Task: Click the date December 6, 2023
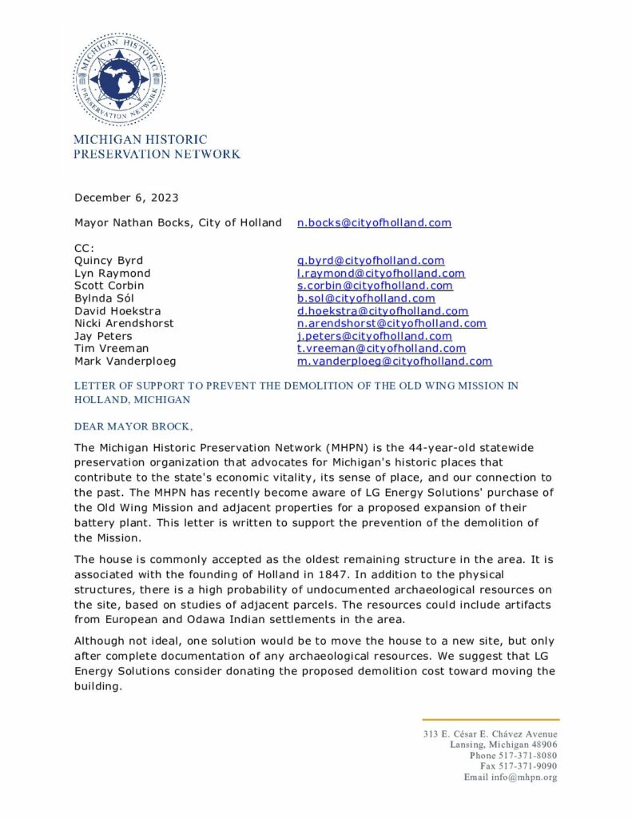pos(126,198)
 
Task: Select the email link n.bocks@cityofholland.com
pos(374,222)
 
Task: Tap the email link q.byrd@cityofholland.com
pos(371,261)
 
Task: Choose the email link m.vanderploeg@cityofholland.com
pos(395,362)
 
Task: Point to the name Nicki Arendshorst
pos(124,323)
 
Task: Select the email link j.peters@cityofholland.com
pos(374,336)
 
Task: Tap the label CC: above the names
pos(85,248)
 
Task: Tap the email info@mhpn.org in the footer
pos(527,777)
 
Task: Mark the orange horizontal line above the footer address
pos(491,720)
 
